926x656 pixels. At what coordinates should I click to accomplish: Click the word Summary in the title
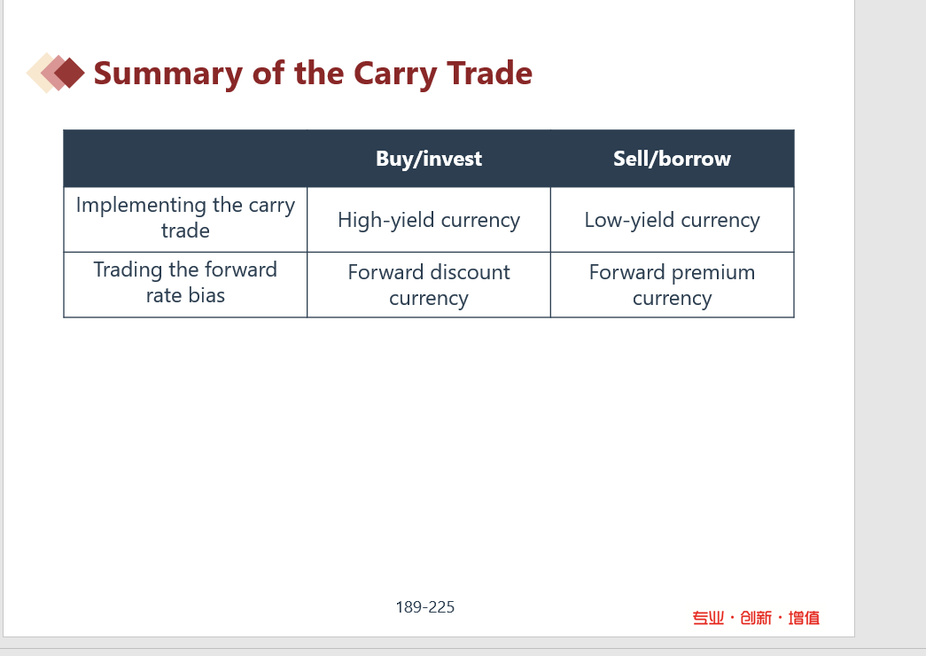coord(167,74)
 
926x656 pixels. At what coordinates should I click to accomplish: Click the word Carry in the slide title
coord(395,74)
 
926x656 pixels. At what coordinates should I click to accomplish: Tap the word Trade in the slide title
coord(489,73)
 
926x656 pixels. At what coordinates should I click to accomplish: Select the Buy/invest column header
coord(429,159)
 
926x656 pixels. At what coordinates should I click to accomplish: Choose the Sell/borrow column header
coord(672,159)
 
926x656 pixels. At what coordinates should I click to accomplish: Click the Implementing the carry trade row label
coord(185,217)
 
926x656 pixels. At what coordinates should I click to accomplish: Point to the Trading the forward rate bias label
coord(185,282)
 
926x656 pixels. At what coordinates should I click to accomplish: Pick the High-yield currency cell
coord(429,221)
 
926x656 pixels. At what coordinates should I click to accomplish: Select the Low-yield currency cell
coord(672,221)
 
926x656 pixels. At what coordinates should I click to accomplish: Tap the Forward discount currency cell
coord(429,285)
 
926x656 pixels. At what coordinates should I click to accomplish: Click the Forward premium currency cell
coord(672,285)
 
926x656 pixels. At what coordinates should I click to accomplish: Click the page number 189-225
coord(425,607)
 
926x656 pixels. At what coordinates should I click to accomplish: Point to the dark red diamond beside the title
coord(70,73)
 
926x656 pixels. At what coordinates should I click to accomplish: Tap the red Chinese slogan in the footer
coord(756,618)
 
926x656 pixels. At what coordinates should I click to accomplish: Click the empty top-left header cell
coord(185,159)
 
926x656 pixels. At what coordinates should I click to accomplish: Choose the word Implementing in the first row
coord(141,206)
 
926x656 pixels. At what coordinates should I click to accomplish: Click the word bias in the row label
coord(206,295)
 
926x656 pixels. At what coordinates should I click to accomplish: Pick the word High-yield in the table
coord(386,221)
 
